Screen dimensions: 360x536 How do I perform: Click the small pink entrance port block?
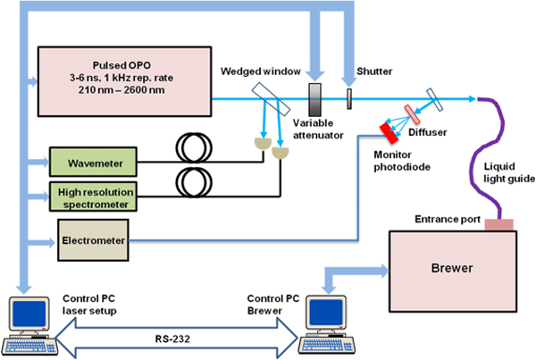498,223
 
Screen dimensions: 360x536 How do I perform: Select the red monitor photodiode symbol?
390,132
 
